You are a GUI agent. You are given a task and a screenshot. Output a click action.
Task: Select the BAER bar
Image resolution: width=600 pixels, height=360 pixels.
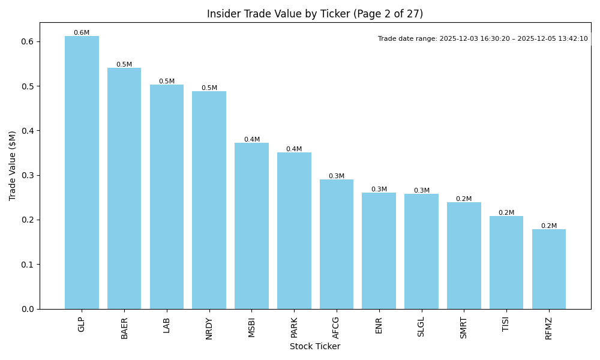pos(124,188)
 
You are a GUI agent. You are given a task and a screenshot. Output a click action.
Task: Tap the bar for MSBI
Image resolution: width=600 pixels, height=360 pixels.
pos(251,226)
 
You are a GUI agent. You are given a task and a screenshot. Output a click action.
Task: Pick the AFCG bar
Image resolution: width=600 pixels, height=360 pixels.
pos(337,244)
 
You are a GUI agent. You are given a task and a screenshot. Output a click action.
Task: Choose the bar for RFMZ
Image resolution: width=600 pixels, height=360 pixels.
pos(549,269)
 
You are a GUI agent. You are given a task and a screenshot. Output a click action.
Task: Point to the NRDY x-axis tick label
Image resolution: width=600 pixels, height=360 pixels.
pos(209,329)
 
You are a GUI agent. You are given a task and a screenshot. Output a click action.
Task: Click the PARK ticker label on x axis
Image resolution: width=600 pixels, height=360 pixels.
pos(294,328)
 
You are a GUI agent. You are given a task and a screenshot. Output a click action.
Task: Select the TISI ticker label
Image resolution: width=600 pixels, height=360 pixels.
pos(506,326)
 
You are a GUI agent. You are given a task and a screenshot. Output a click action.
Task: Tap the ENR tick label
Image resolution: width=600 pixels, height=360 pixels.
pos(379,325)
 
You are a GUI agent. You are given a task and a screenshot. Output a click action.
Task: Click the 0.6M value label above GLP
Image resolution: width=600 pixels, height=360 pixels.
pos(82,33)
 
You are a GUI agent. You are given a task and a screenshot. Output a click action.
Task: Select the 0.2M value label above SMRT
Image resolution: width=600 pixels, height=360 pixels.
pos(464,199)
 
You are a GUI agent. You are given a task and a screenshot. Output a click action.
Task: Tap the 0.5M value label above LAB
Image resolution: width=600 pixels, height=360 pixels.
pos(167,82)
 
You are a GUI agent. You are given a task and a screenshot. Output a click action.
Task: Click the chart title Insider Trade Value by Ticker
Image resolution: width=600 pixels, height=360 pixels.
pos(315,14)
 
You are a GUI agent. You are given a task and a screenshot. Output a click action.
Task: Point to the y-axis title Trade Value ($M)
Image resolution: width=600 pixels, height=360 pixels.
pos(13,166)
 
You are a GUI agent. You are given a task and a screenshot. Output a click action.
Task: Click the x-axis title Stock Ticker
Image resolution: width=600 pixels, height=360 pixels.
pos(315,347)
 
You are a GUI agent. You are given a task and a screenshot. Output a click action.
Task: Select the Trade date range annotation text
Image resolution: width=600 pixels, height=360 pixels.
pos(483,38)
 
